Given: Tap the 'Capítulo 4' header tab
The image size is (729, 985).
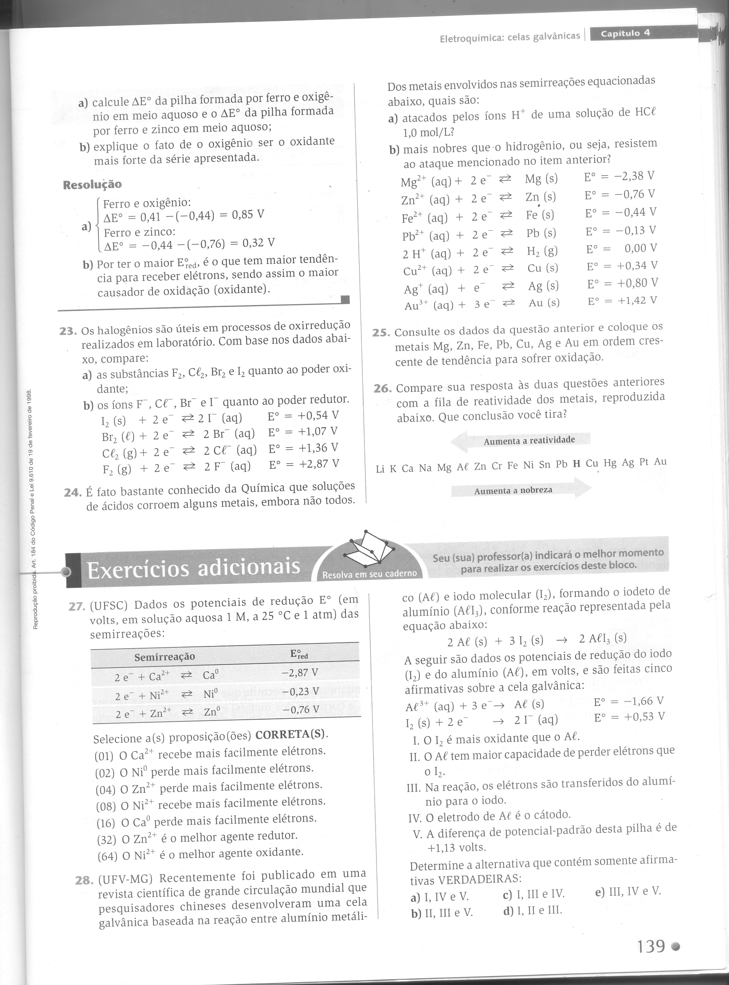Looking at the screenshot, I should tap(625, 34).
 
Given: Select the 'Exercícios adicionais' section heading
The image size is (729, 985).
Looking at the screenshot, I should tap(193, 568).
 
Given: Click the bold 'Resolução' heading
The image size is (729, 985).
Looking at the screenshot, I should tap(92, 185).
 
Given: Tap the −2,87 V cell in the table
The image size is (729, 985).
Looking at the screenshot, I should tap(300, 673).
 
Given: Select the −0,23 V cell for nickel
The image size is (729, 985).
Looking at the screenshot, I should tap(301, 691).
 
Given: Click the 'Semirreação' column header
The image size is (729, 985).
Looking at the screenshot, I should tap(165, 656).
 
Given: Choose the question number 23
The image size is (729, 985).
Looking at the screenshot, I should tap(69, 331).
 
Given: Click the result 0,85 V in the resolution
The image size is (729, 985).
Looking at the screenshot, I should tap(246, 215).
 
